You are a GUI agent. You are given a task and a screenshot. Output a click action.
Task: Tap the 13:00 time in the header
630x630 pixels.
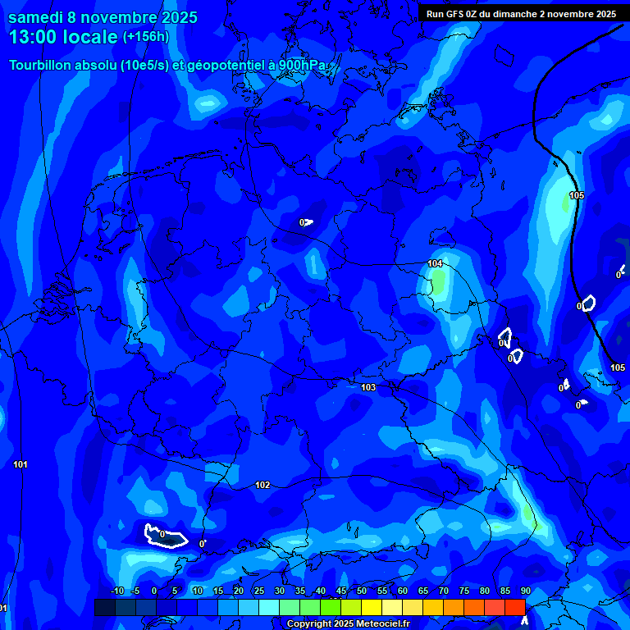click(35, 37)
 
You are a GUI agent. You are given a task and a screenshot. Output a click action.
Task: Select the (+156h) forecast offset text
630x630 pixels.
click(146, 37)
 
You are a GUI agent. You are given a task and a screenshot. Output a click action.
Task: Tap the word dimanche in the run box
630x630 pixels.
click(529, 14)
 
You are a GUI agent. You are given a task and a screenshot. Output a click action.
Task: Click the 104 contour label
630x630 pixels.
click(435, 263)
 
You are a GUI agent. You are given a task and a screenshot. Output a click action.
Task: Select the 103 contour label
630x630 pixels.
click(368, 387)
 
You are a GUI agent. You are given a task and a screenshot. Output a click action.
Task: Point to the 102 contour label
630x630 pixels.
click(262, 485)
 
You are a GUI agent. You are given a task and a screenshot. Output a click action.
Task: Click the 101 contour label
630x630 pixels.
click(21, 464)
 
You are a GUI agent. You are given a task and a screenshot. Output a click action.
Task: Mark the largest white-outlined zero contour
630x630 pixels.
click(165, 535)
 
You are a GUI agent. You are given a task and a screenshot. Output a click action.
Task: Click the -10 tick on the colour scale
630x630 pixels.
click(116, 591)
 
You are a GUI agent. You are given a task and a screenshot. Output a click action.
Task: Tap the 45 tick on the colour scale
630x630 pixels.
click(341, 591)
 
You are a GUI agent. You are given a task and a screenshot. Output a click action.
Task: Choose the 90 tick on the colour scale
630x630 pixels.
click(525, 591)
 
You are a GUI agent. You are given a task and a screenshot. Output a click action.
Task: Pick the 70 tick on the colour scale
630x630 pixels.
click(444, 591)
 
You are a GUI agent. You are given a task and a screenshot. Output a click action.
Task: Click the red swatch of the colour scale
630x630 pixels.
click(514, 607)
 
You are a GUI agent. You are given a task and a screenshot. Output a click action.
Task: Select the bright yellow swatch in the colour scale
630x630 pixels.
click(372, 607)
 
